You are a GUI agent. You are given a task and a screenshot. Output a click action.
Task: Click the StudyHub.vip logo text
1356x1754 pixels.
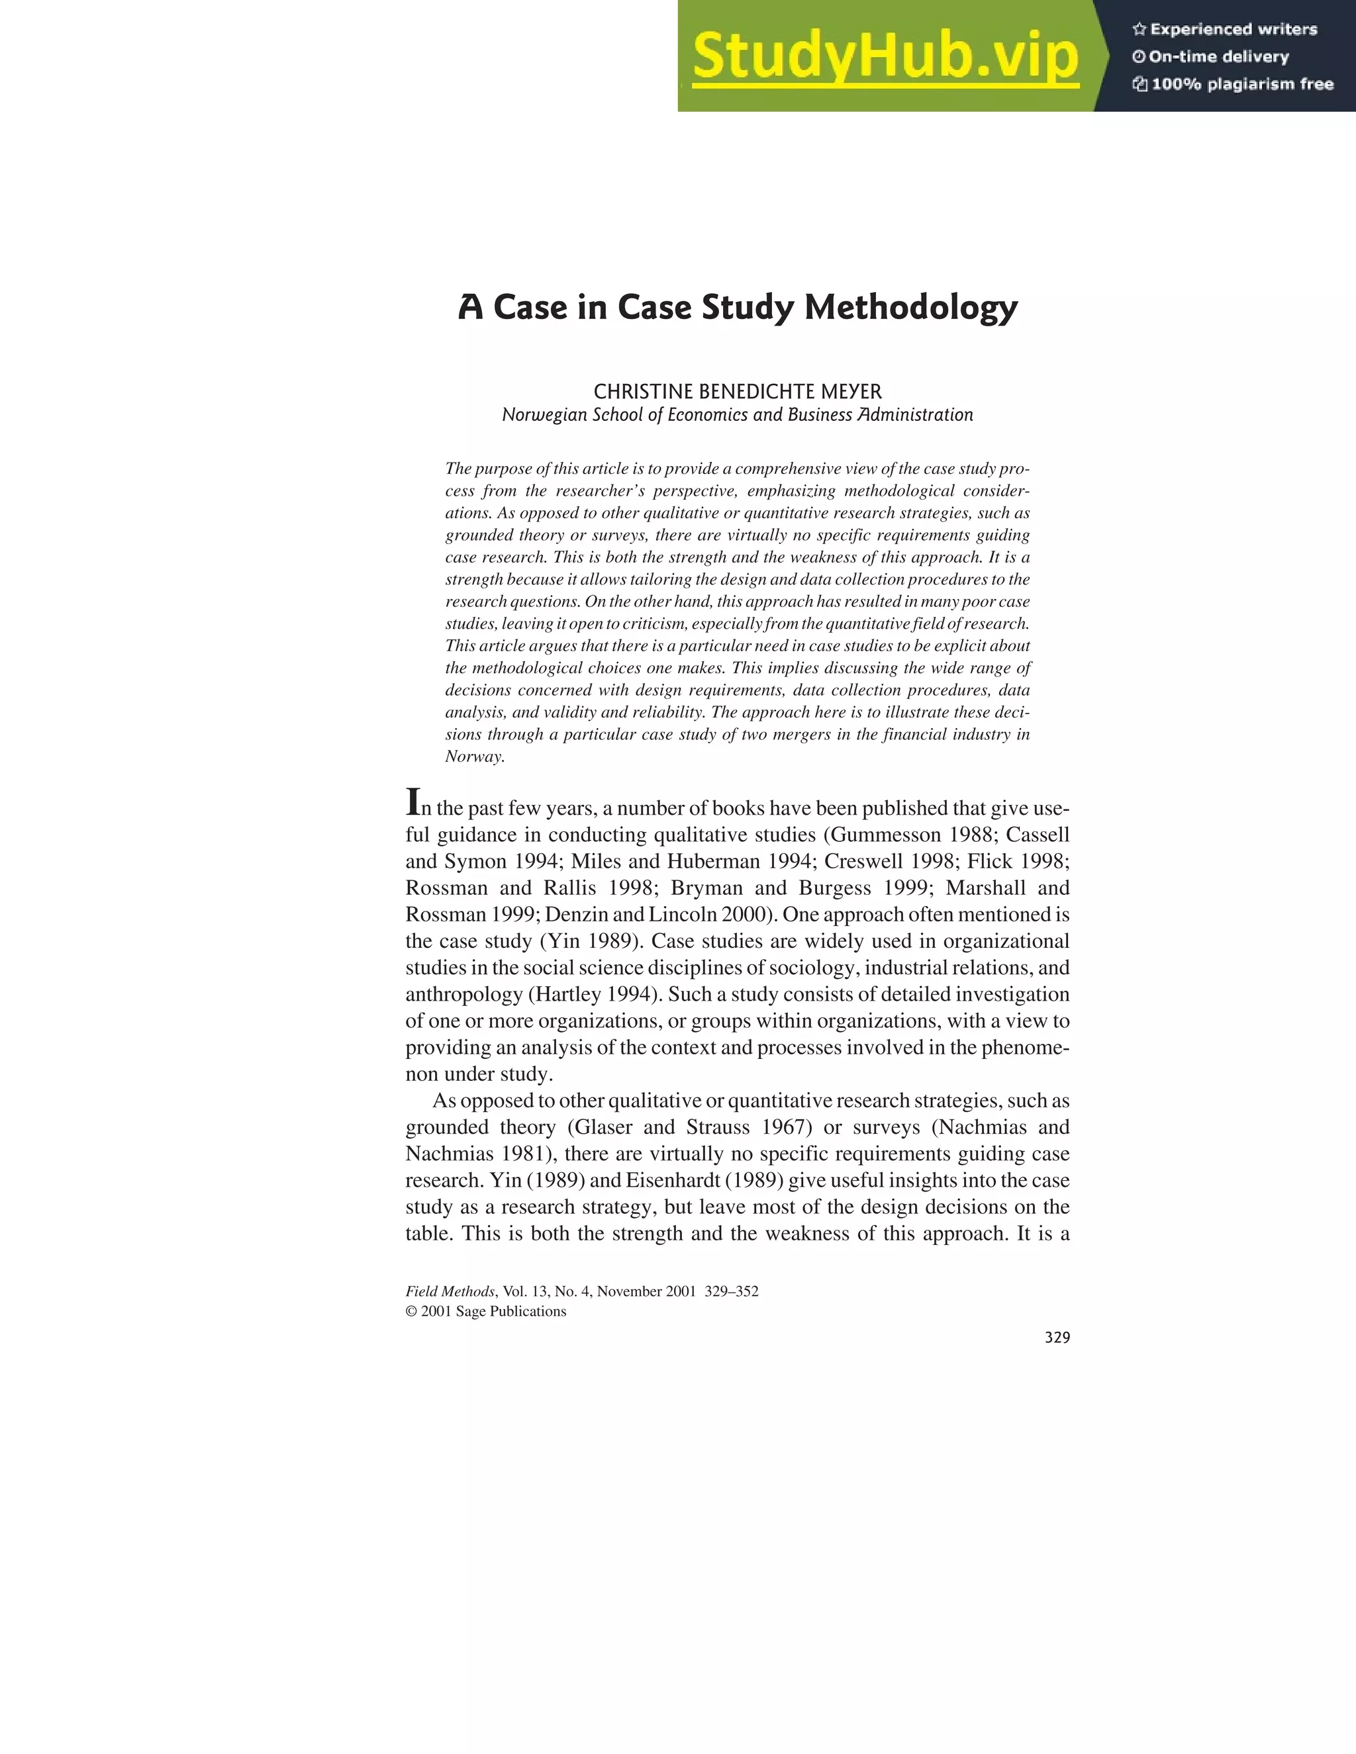tap(885, 57)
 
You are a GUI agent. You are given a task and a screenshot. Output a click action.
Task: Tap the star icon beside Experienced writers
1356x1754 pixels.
tap(1138, 30)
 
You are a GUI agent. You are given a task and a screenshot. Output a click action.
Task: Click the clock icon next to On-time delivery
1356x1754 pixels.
tap(1138, 57)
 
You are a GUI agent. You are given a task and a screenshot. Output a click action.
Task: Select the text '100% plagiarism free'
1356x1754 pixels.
tap(1242, 84)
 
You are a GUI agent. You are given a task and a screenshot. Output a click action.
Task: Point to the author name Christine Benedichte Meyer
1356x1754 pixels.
tap(738, 392)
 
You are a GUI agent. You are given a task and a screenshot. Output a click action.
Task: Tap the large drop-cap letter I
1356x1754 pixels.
tap(413, 802)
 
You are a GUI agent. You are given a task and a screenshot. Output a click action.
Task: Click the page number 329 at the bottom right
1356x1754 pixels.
tap(1057, 1338)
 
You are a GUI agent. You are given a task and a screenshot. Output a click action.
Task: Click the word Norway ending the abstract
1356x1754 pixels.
tap(473, 757)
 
